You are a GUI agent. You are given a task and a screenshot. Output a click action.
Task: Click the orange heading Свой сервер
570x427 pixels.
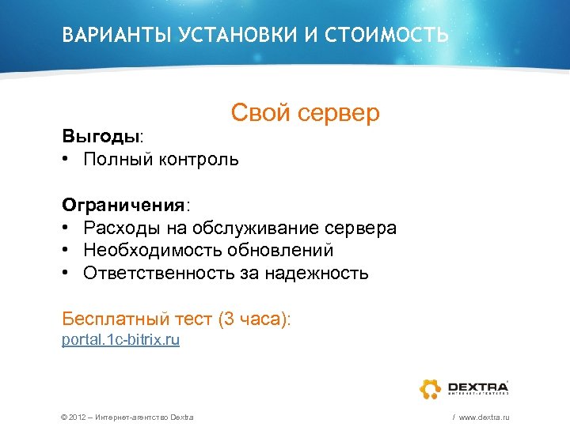pos(306,113)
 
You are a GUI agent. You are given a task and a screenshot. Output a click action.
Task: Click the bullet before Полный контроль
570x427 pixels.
pos(68,160)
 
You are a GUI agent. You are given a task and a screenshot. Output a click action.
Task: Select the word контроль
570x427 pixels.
pos(198,160)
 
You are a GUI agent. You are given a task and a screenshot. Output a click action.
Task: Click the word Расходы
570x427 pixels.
pos(120,229)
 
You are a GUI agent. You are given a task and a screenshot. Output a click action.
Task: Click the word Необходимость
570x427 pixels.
pos(141,251)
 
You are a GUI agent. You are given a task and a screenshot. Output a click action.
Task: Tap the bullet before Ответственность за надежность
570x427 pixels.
pos(68,274)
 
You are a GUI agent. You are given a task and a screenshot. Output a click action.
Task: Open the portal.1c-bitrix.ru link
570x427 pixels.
pos(121,340)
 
